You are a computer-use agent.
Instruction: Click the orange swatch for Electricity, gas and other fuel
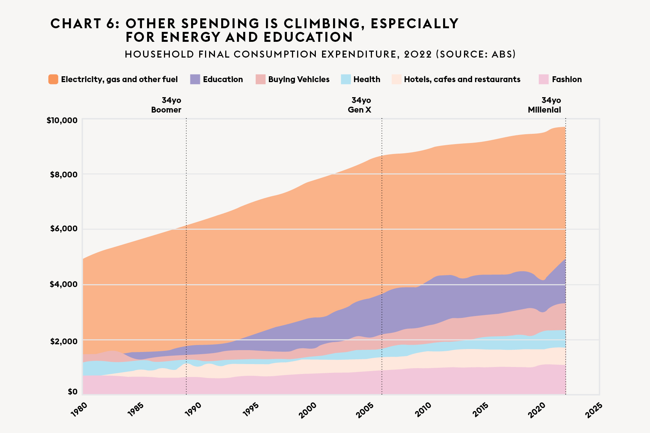(x=53, y=79)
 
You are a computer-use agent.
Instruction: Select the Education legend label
(x=223, y=80)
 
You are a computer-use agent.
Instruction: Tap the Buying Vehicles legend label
(x=299, y=80)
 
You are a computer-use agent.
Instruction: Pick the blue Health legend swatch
(x=346, y=79)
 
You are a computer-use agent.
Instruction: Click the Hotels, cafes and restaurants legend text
(x=462, y=80)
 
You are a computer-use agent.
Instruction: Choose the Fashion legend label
(x=567, y=80)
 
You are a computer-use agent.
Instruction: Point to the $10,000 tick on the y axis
(x=62, y=120)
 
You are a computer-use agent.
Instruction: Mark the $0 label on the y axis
(x=72, y=392)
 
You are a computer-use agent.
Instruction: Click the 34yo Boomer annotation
(x=167, y=105)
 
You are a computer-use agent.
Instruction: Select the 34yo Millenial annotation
(x=545, y=105)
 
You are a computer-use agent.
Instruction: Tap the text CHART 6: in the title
(x=85, y=23)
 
